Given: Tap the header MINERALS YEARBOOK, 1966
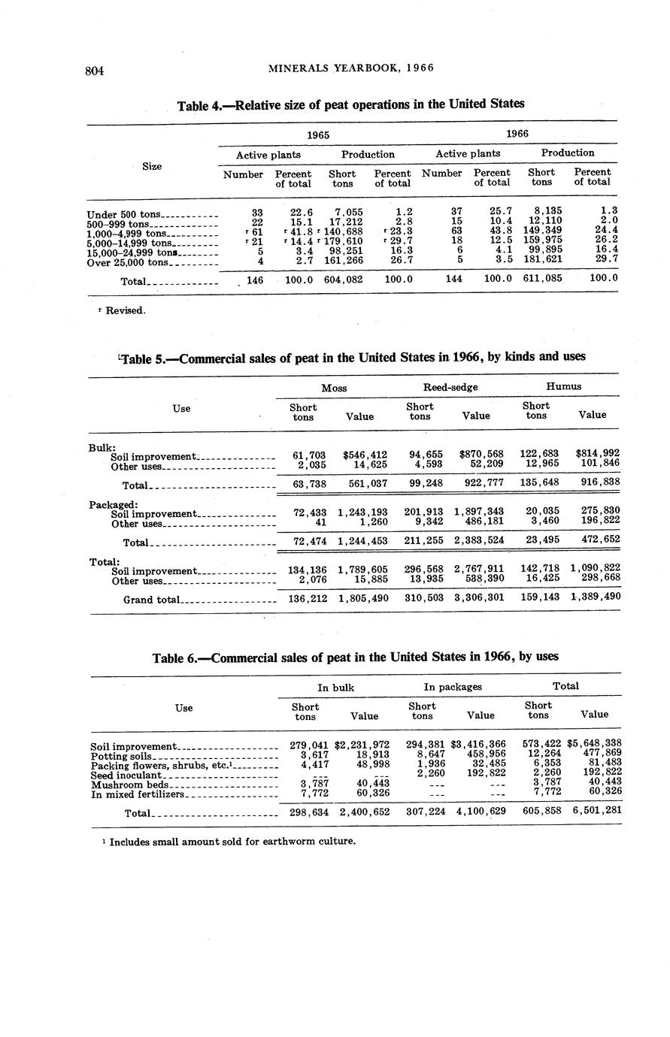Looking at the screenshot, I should (x=351, y=68).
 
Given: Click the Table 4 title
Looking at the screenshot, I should (x=350, y=104).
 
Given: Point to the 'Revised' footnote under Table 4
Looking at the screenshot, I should (x=120, y=310).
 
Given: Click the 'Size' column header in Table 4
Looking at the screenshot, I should (x=152, y=166).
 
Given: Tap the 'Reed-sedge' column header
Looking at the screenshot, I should (x=450, y=386).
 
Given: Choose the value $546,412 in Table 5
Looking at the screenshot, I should (x=365, y=455).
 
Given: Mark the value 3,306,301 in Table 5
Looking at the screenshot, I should (x=478, y=598).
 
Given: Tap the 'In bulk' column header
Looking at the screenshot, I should (x=335, y=687).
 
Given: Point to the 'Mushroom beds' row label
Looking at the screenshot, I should (x=128, y=785).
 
